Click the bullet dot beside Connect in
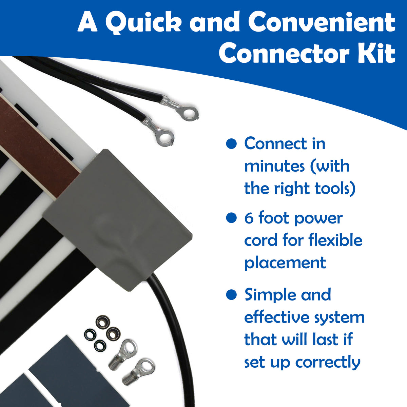(231, 144)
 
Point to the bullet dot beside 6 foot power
(231, 218)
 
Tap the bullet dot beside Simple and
(231, 294)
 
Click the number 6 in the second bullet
(249, 218)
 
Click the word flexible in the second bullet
(335, 240)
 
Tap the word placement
(285, 263)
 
